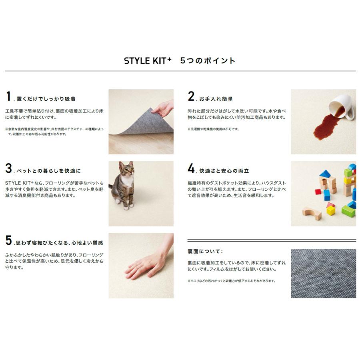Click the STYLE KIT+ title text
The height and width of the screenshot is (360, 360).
[148, 61]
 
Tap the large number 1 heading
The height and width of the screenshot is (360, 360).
[8, 97]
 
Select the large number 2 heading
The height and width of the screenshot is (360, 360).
[191, 97]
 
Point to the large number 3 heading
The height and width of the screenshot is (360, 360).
[9, 168]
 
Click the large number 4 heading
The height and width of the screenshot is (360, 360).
[191, 168]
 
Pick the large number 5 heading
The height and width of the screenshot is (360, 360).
[9, 240]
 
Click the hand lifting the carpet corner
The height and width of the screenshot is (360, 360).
[163, 108]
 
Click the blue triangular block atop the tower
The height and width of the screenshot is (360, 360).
[325, 174]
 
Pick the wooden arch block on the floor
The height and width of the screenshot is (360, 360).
[312, 213]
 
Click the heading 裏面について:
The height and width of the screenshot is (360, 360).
[205, 252]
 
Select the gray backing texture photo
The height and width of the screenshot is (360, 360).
[323, 273]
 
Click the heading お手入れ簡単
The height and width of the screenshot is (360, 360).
[216, 98]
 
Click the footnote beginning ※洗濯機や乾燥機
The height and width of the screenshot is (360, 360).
[213, 129]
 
